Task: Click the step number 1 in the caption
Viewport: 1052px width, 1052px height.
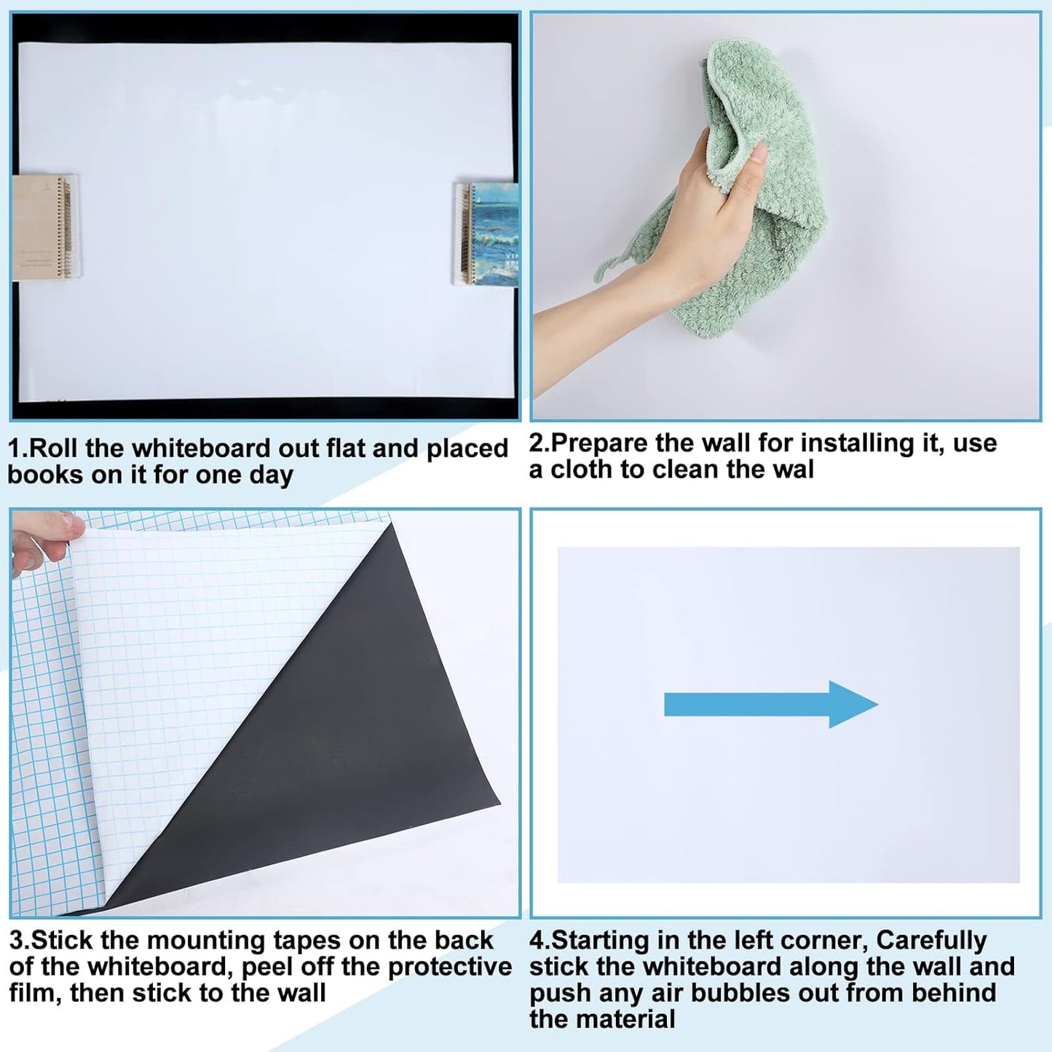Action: click(14, 448)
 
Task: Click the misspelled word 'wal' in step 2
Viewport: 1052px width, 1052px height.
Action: click(793, 470)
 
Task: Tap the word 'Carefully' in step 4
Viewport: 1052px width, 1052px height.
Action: click(931, 941)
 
